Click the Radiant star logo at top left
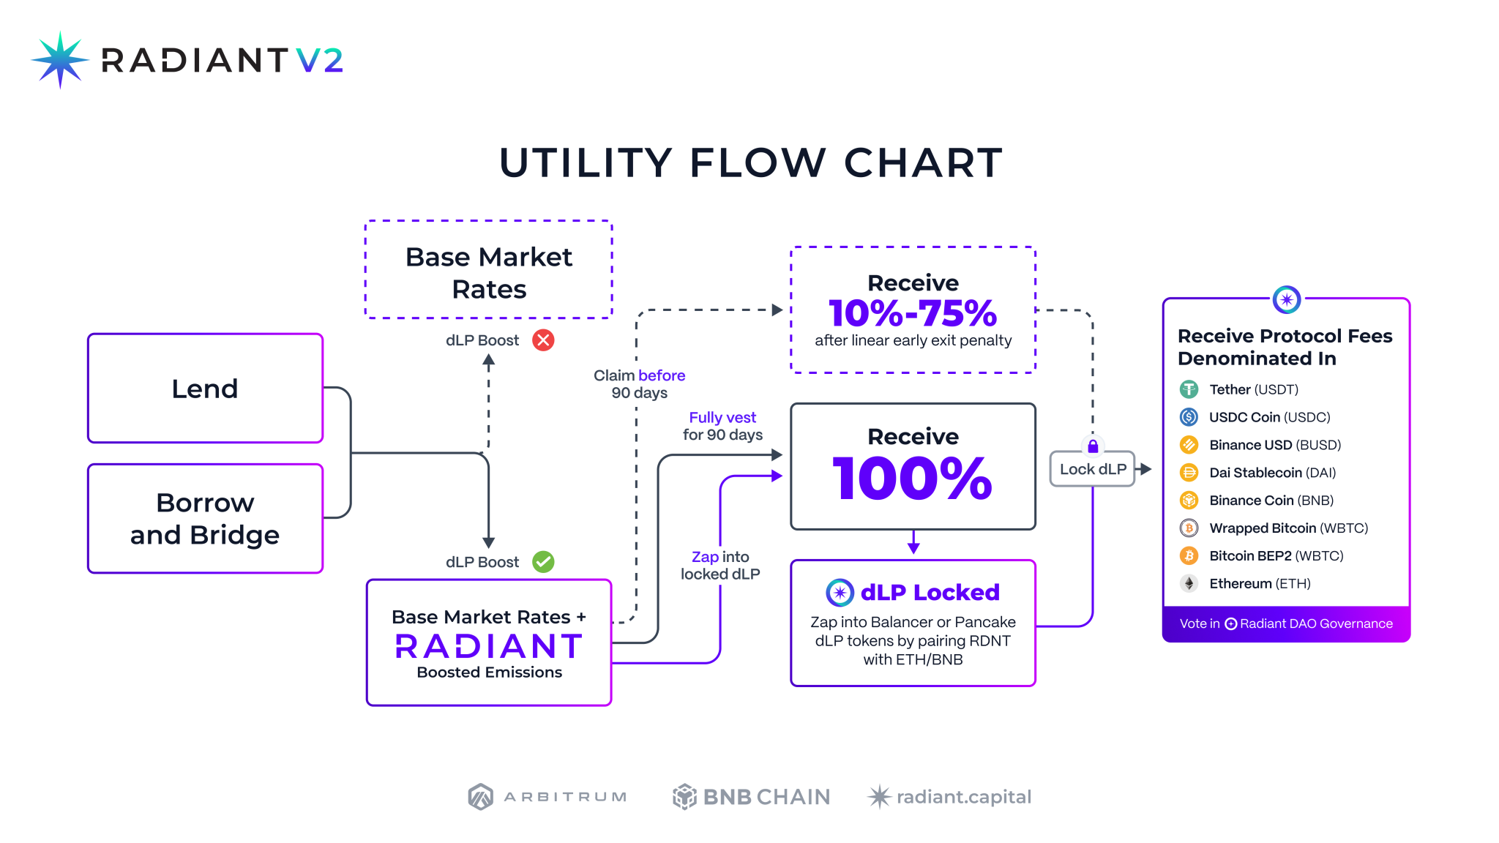[x=60, y=60]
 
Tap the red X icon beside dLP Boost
[x=543, y=340]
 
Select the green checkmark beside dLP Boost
[x=543, y=562]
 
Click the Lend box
[x=205, y=389]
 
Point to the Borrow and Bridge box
[x=205, y=519]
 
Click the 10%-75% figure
[x=913, y=313]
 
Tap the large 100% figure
[x=913, y=479]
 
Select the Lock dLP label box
[x=1092, y=469]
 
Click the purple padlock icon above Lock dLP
[x=1093, y=446]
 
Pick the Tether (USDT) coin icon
[x=1189, y=389]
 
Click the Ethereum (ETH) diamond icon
[x=1189, y=583]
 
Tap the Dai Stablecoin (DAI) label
[x=1272, y=473]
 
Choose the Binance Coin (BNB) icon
[x=1189, y=501]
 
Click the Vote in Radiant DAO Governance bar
[x=1286, y=623]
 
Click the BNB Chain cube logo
[x=684, y=796]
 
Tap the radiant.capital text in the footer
[x=963, y=796]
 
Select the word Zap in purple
[x=705, y=557]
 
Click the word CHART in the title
[x=923, y=162]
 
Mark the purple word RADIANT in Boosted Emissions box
[x=489, y=646]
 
